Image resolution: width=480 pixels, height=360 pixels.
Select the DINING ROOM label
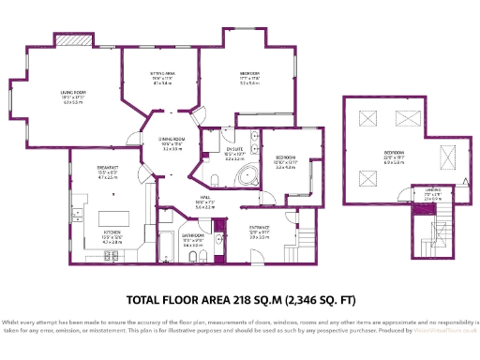point(171,139)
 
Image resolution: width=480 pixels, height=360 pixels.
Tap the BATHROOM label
point(193,236)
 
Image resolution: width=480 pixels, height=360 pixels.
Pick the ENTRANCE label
point(260,228)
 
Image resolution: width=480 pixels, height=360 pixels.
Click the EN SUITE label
point(234,149)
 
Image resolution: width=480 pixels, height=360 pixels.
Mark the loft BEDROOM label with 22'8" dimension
point(394,152)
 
